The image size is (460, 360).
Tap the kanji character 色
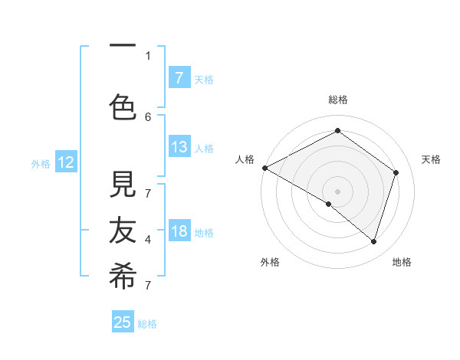coord(123,106)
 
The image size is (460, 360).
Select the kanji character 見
coord(123,185)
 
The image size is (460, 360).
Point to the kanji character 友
coord(123,231)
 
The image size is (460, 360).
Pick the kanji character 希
coord(123,277)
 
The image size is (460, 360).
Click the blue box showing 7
coord(179,77)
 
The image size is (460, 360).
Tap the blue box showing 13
coord(179,147)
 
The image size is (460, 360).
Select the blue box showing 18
coord(179,231)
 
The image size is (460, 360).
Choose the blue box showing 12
coord(66,162)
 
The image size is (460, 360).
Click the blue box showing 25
coord(123,322)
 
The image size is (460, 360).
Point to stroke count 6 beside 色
coord(148,116)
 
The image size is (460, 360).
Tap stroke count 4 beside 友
coord(148,240)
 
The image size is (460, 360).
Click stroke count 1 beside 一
coord(148,55)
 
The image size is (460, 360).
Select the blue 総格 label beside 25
coord(147,324)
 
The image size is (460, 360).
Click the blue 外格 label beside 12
coord(41,163)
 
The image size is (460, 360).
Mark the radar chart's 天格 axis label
coord(431,159)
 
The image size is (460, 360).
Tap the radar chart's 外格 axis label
coord(270,262)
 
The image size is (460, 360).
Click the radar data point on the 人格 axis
coord(264,168)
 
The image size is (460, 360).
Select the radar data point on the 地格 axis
coord(373,241)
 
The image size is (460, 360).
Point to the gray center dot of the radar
coord(337,191)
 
